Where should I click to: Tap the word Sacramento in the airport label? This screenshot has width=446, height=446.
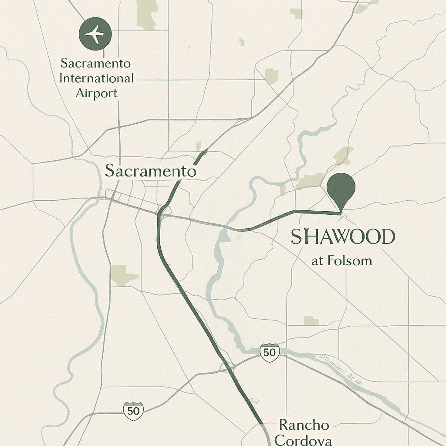tap(95, 64)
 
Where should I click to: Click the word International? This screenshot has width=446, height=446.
tap(96, 79)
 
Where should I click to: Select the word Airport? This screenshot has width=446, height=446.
tap(96, 93)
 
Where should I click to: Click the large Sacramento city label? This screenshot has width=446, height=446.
tap(151, 171)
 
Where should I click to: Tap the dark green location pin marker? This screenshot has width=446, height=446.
tap(341, 186)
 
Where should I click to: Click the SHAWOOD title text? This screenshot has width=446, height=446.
tap(342, 237)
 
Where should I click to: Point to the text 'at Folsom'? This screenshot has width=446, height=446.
tap(342, 261)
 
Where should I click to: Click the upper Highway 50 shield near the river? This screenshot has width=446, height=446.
tap(269, 352)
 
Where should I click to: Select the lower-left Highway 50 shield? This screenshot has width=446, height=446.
tap(133, 410)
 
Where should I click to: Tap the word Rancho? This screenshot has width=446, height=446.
tap(304, 425)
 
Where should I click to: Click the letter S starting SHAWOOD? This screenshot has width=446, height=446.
tap(296, 237)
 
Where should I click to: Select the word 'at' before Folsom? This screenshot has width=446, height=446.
tap(317, 261)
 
